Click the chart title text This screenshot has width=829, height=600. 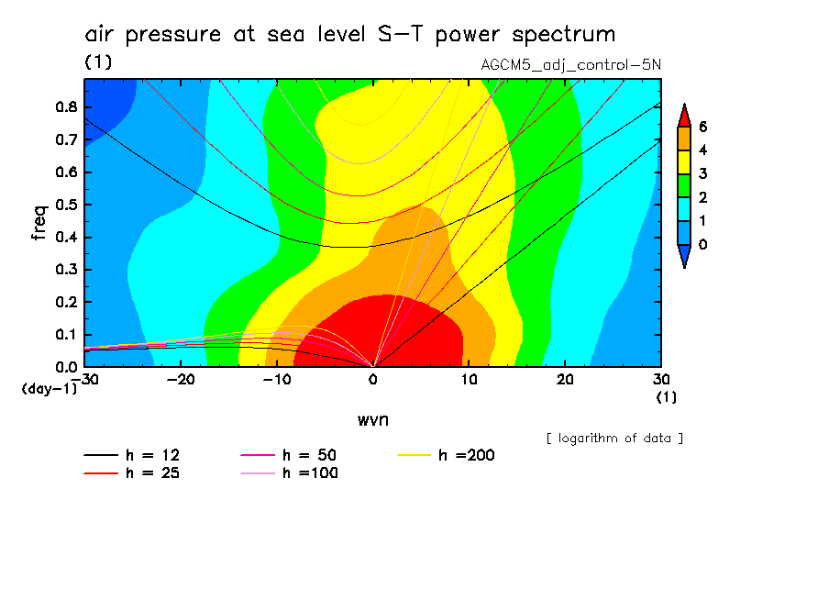pyautogui.click(x=349, y=35)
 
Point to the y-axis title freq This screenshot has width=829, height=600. pyautogui.click(x=39, y=222)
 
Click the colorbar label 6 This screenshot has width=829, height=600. pyautogui.click(x=702, y=126)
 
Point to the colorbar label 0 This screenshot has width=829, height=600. pyautogui.click(x=702, y=245)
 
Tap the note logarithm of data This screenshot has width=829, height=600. pyautogui.click(x=614, y=438)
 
